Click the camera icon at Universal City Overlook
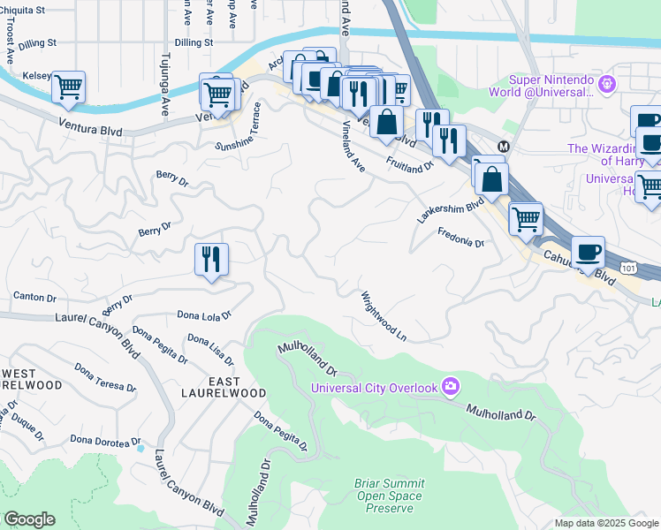click(451, 386)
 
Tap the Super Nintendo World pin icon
click(606, 84)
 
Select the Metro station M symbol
click(504, 146)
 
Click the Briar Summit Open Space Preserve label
click(389, 496)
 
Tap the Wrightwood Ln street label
click(383, 315)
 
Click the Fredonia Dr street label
click(461, 237)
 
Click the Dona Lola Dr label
click(203, 314)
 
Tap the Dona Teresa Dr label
click(105, 377)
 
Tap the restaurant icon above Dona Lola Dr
click(211, 259)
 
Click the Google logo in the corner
click(29, 519)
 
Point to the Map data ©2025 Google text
click(605, 523)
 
